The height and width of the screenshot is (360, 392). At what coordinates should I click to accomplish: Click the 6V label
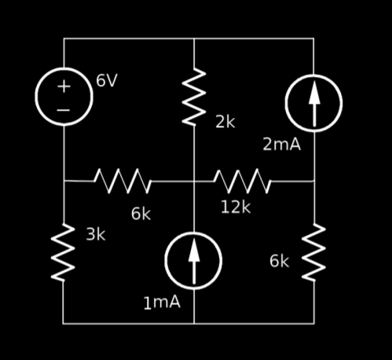point(107,80)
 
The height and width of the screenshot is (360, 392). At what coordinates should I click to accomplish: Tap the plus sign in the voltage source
point(64,86)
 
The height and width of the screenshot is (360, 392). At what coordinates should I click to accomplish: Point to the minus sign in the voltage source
point(64,110)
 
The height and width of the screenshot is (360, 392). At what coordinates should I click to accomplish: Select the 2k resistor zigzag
point(194,97)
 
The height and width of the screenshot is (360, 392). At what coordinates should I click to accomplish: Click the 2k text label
point(225,122)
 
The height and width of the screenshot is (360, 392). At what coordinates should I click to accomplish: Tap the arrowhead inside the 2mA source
point(314,94)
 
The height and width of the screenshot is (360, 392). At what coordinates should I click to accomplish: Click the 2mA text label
point(282,144)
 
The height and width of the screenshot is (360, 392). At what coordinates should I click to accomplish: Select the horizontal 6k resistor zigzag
point(123,181)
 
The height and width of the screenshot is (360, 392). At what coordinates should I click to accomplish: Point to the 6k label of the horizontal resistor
point(141,214)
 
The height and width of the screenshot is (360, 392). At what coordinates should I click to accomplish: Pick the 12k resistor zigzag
point(242,181)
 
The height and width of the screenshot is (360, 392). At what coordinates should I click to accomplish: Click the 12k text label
point(236,207)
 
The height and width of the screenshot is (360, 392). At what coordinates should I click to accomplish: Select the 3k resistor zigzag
point(63,252)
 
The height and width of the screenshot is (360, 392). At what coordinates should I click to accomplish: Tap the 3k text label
point(96,234)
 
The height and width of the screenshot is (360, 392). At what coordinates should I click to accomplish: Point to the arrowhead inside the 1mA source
point(194,251)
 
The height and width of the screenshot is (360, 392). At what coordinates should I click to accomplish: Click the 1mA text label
point(162,303)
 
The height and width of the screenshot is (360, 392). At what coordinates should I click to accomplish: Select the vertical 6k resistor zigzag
point(313,252)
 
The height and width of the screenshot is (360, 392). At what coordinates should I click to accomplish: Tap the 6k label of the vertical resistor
point(279,261)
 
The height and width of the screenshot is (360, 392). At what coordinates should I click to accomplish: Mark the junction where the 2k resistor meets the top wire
point(194,39)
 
